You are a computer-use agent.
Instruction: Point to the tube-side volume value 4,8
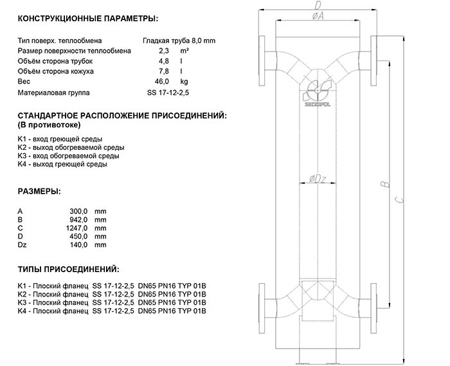[x=163, y=60]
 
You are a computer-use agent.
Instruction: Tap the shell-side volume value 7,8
[x=163, y=71]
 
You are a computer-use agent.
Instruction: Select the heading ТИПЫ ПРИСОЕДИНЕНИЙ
[x=68, y=268]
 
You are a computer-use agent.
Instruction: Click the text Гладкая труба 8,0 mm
[x=179, y=40]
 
